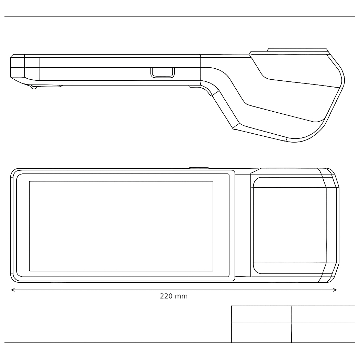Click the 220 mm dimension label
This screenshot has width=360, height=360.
(x=174, y=296)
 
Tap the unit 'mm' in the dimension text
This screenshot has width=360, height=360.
(x=181, y=297)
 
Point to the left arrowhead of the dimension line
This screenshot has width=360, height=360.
(x=13, y=290)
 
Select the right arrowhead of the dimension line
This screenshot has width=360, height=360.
(x=335, y=290)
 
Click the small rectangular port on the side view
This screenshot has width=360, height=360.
(x=162, y=72)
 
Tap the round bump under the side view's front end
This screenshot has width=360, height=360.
(x=34, y=87)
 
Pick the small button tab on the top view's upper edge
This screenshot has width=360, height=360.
(x=199, y=168)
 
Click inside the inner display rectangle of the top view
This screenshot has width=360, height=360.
(x=121, y=226)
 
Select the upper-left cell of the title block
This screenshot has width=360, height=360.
(x=261, y=314)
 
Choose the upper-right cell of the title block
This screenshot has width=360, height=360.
(x=324, y=314)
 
